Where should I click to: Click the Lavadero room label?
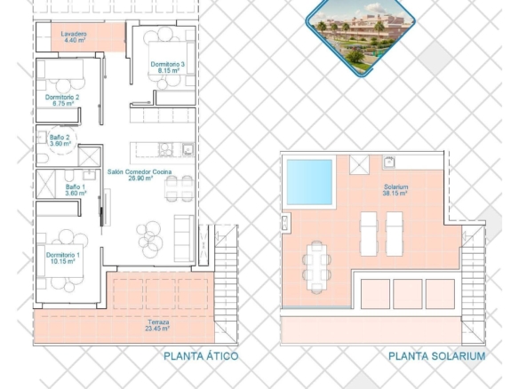(74, 36)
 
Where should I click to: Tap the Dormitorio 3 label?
(168, 67)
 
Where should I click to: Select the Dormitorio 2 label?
(62, 100)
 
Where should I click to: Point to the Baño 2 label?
(60, 140)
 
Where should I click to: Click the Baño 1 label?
(76, 190)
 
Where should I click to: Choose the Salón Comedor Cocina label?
(140, 175)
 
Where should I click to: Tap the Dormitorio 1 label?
(63, 258)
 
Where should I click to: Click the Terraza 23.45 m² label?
(157, 325)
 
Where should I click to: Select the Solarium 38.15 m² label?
(395, 190)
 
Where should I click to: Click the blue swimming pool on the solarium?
(309, 182)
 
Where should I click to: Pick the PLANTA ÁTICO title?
(201, 356)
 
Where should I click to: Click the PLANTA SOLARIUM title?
(436, 356)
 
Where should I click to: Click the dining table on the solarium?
(316, 267)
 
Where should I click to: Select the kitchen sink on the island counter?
(188, 149)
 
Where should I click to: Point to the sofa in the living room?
(184, 238)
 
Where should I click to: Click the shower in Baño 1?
(45, 184)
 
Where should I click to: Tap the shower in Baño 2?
(90, 156)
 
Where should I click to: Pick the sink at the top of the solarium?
(388, 162)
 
